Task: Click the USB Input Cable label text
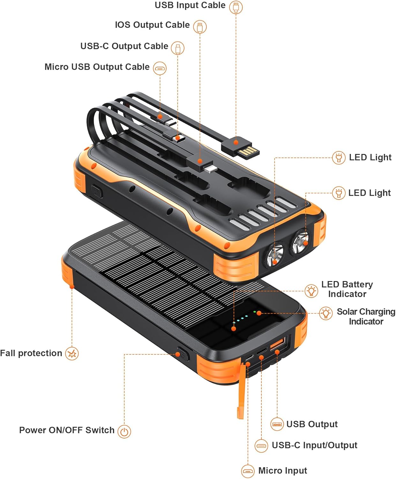tap(190, 5)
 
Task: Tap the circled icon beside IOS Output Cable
tap(200, 27)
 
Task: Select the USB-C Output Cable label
tap(124, 46)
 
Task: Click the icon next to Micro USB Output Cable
tap(160, 68)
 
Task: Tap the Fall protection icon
tap(72, 354)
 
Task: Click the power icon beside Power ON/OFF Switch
tap(124, 431)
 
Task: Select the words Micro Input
tap(282, 470)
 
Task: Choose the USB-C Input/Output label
tap(314, 445)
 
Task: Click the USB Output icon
tap(277, 424)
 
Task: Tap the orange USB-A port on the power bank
tap(277, 343)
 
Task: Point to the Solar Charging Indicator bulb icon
tap(326, 313)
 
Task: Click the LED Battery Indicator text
tap(347, 289)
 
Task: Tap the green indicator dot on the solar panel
tap(255, 312)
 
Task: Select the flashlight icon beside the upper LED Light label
tap(339, 158)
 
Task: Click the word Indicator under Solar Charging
tap(366, 321)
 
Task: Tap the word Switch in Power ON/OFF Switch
tap(100, 430)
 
